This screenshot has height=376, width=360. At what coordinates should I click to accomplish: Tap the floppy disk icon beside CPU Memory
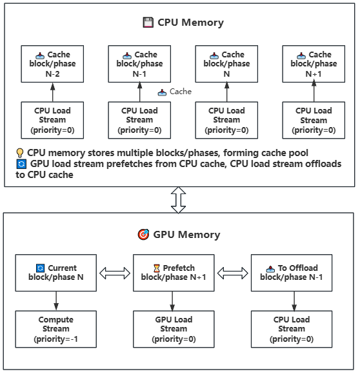[148, 23]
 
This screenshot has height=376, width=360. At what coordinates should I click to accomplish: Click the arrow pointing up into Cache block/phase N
[226, 92]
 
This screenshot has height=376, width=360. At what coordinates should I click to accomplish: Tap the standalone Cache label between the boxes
[180, 92]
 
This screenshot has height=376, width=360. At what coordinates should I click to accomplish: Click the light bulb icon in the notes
[20, 153]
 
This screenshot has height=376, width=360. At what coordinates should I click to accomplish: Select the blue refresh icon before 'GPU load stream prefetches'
[20, 164]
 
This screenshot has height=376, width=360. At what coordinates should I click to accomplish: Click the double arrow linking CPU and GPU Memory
[179, 200]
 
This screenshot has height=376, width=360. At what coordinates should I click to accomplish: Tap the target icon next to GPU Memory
[143, 235]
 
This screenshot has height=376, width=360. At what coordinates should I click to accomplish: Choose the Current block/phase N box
[56, 273]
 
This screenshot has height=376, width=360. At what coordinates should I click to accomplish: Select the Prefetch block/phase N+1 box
[173, 273]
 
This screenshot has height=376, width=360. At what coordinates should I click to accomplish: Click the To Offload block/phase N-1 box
[291, 273]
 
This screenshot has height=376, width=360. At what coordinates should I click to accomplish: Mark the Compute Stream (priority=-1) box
[56, 328]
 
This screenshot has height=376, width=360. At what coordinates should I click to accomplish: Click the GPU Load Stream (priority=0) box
[173, 328]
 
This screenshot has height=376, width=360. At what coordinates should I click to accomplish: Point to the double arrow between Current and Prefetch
[114, 273]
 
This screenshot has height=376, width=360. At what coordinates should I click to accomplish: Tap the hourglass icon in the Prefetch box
[156, 268]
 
